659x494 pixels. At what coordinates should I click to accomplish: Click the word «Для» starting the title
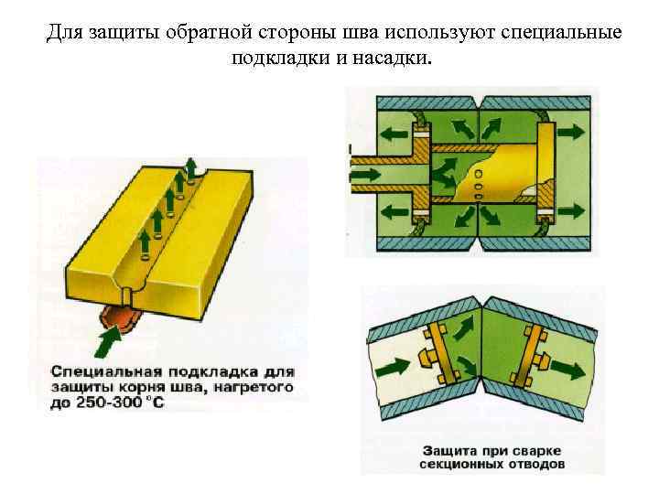click(63, 33)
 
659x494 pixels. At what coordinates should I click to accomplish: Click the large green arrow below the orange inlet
click(108, 345)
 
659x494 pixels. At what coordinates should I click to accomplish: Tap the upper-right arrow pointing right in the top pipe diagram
click(569, 131)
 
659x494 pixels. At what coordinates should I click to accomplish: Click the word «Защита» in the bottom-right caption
click(448, 450)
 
